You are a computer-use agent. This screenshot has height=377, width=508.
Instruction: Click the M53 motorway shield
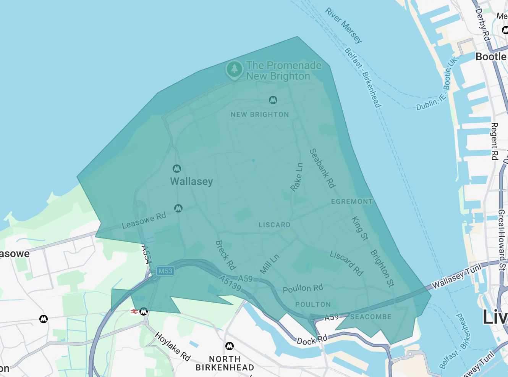coord(165,271)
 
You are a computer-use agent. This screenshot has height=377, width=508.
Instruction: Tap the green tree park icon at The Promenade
coord(234,69)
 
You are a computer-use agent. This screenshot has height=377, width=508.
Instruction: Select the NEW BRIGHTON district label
coord(260,114)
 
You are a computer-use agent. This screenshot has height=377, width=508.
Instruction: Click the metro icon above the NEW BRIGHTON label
coord(273,100)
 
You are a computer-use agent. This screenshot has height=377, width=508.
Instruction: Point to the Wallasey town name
coord(191,181)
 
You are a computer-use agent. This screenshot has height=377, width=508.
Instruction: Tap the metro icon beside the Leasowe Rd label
coord(178,208)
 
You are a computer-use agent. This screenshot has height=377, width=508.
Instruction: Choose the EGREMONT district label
coord(352,201)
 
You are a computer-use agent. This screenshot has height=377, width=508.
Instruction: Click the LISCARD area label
coord(274,225)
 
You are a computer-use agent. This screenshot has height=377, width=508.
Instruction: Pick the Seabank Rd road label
coord(322,168)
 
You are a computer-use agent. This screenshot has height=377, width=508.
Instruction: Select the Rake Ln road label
coord(297,177)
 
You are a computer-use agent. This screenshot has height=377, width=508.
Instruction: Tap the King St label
coord(360,229)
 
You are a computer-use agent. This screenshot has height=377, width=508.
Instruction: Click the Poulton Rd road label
coord(303,288)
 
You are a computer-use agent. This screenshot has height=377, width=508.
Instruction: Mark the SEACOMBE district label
coord(371,317)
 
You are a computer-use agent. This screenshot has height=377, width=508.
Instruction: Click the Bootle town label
coord(491,56)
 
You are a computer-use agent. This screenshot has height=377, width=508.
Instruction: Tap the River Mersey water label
coord(343,25)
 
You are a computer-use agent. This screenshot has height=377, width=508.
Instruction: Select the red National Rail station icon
coord(134,311)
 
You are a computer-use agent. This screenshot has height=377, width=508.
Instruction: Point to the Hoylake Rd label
coord(173,346)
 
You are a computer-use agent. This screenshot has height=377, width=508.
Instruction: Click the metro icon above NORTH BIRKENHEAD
coord(230,346)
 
